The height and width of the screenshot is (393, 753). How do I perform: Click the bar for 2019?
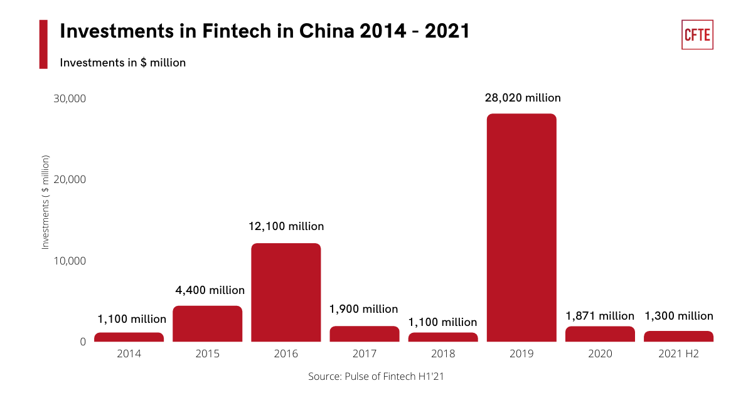521,228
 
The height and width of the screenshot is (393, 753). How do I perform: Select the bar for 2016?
286,292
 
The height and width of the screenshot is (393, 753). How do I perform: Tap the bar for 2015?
207,323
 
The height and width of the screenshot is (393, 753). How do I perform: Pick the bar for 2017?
365,334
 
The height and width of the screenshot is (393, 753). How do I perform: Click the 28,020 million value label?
523,98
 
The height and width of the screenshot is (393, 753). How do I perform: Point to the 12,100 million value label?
286,226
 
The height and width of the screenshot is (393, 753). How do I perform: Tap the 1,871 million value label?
600,316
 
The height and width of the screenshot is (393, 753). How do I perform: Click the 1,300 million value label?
678,316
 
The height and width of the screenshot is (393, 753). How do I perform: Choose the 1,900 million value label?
364,309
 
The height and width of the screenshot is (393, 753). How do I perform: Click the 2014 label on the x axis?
129,354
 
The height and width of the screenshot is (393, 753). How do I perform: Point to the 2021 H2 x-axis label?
678,354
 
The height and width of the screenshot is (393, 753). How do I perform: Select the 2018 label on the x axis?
443,354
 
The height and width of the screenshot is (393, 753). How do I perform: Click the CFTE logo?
697,34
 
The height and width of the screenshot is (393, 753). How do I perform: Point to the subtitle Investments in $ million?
123,63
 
